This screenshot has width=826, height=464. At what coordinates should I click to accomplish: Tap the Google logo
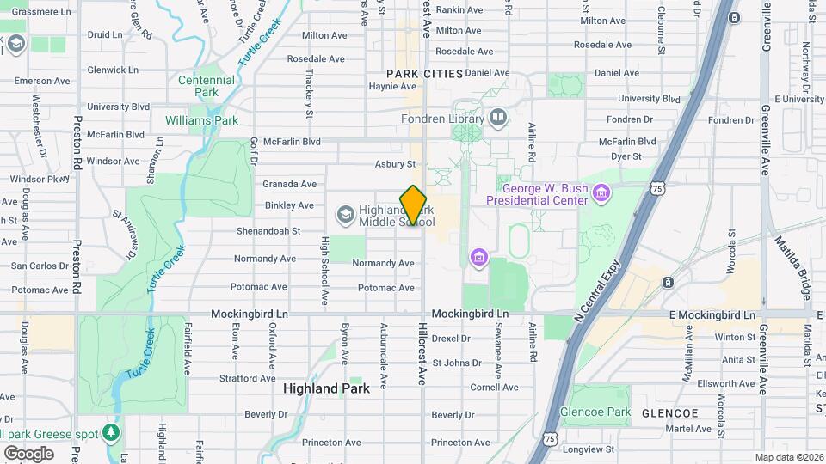(x=28, y=453)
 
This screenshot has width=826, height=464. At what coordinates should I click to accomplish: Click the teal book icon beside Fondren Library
(x=498, y=117)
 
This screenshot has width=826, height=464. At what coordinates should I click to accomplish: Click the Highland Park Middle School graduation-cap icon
(x=345, y=212)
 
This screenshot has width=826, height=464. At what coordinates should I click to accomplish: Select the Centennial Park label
(x=206, y=86)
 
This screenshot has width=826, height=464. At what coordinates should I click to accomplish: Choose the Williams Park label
(x=201, y=120)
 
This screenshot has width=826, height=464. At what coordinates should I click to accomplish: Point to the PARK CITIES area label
(x=425, y=74)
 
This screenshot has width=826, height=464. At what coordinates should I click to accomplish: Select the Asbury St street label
(x=395, y=163)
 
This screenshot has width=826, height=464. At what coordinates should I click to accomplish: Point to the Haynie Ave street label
(x=392, y=86)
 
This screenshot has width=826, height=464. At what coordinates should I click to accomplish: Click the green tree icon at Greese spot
(x=110, y=430)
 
